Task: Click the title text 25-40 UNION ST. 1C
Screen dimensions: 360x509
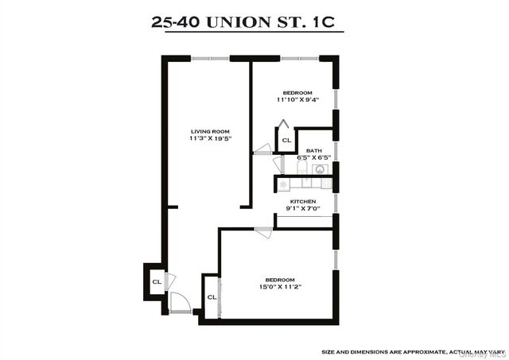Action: tap(247, 21)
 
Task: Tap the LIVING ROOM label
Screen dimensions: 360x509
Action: tap(209, 131)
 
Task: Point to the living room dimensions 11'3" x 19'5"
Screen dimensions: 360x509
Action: tap(209, 139)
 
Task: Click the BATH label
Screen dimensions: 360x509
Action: tap(314, 149)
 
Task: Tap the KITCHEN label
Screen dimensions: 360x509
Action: tap(303, 202)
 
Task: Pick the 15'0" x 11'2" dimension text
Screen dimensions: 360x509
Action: tap(280, 287)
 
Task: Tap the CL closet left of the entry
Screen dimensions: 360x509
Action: tap(157, 281)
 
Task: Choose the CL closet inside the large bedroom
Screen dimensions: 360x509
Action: tap(212, 297)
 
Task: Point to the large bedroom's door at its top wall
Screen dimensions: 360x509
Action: tap(263, 232)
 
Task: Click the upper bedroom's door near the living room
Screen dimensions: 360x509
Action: tap(262, 148)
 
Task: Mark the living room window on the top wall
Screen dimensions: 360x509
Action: tap(211, 57)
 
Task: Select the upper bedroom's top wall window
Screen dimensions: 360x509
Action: tap(299, 57)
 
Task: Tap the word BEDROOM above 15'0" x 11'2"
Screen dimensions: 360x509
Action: tap(280, 279)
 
